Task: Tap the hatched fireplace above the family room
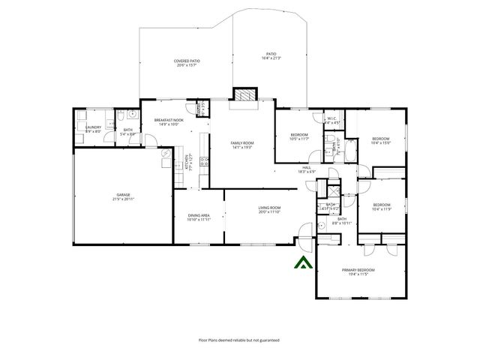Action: pyautogui.click(x=244, y=95)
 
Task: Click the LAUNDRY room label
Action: pyautogui.click(x=93, y=127)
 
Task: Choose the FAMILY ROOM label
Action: pyautogui.click(x=241, y=142)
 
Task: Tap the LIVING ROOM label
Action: pyautogui.click(x=269, y=208)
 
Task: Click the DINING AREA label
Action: pyautogui.click(x=199, y=216)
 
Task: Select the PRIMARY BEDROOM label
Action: pyautogui.click(x=358, y=270)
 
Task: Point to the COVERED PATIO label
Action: pyautogui.click(x=187, y=61)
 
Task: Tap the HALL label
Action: pyautogui.click(x=306, y=167)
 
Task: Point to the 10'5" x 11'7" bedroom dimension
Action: pyautogui.click(x=299, y=139)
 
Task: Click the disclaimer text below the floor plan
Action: pyautogui.click(x=239, y=340)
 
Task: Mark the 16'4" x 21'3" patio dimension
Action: pyautogui.click(x=271, y=58)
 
